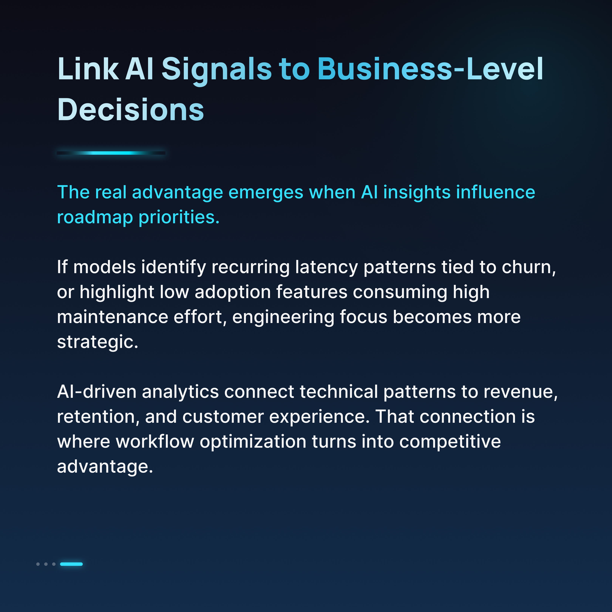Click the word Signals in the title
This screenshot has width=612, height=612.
click(x=217, y=69)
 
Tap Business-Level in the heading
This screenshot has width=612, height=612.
click(x=430, y=69)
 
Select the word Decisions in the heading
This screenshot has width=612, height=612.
click(x=131, y=110)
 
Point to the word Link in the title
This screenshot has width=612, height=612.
click(x=88, y=69)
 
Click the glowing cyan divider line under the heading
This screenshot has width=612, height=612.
click(x=111, y=153)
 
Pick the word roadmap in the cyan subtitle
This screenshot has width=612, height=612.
click(x=95, y=218)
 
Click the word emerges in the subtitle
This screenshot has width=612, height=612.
click(x=266, y=193)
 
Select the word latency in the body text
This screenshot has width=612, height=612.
click(x=326, y=267)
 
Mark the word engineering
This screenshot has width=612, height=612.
click(x=283, y=317)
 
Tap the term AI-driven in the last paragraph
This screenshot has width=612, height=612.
click(x=96, y=392)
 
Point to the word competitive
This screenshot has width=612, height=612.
click(x=450, y=442)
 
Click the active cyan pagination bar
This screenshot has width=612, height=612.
click(x=71, y=564)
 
